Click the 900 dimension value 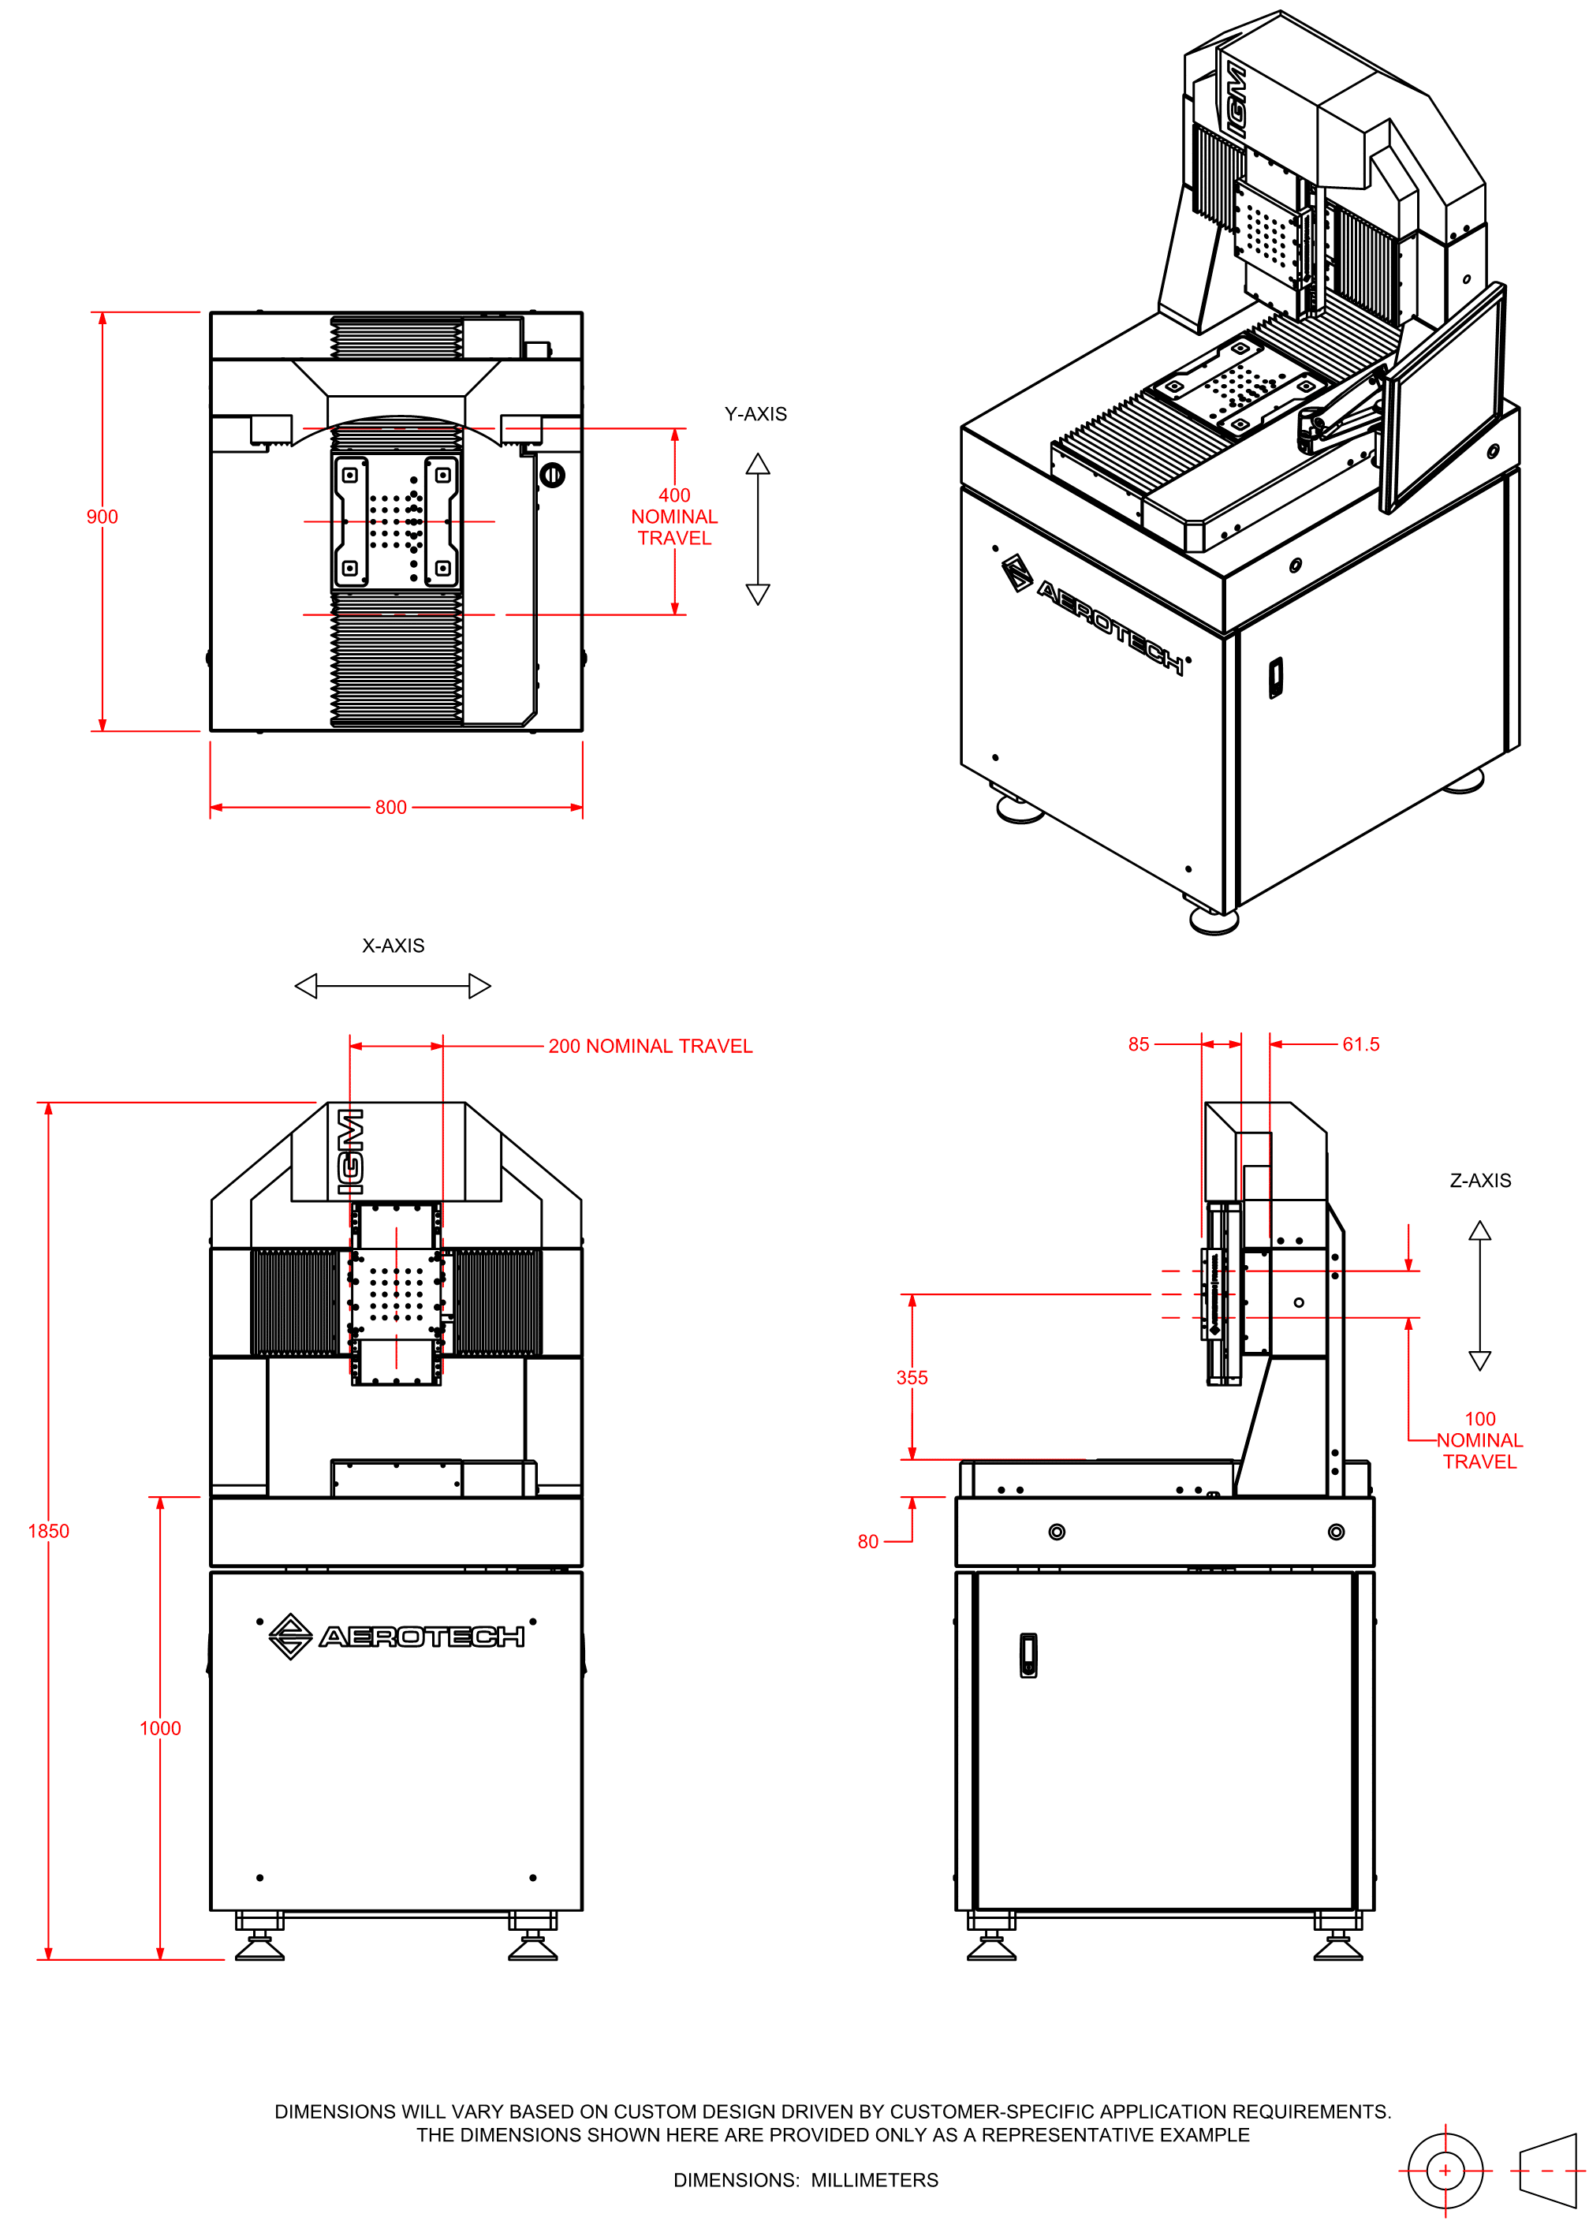pos(102,517)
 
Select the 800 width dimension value pos(390,807)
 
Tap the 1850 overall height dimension pos(48,1531)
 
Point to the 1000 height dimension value pos(159,1729)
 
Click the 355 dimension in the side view pos(911,1378)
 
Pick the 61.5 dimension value pos(1360,1044)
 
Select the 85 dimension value pos(1138,1044)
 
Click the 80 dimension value pos(868,1542)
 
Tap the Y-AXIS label pos(755,414)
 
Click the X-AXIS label pos(394,945)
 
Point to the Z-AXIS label pos(1479,1181)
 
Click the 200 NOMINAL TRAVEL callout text pos(650,1046)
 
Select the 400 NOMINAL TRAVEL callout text pos(674,517)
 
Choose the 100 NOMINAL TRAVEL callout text pos(1479,1440)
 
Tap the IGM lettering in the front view pos(349,1151)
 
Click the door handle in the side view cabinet pos(1028,1656)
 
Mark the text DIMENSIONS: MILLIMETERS pos(805,2180)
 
